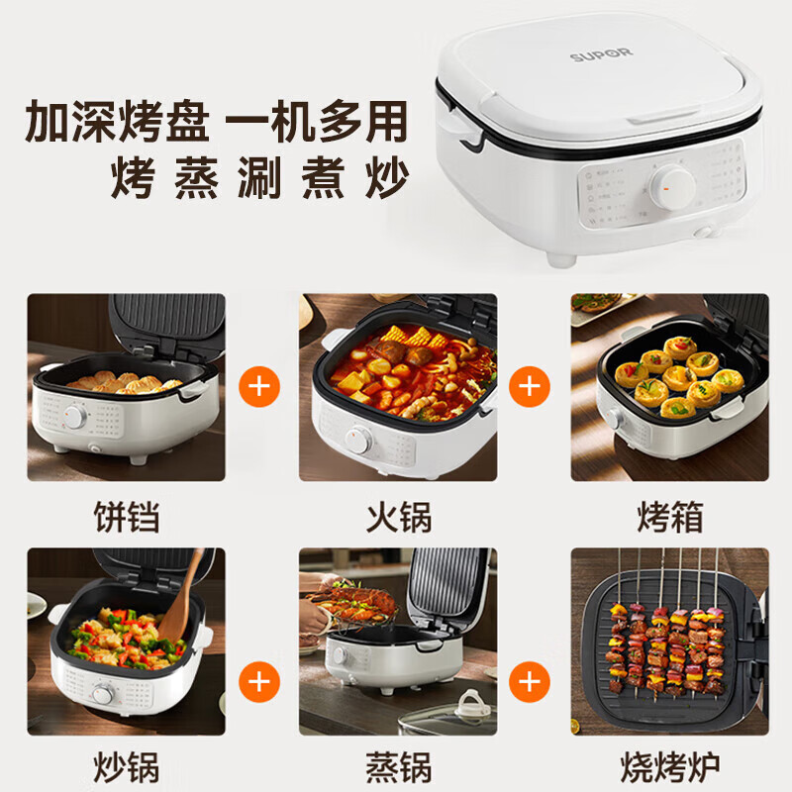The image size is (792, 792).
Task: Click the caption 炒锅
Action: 126,765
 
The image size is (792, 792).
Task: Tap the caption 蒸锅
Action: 398,765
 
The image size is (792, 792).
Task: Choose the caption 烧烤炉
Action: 670,765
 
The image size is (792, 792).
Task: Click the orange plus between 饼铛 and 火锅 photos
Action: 260,386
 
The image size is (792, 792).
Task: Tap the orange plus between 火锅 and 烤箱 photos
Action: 530,386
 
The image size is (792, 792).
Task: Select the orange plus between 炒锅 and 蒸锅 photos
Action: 260,681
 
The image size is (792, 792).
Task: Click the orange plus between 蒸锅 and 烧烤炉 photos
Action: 530,681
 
